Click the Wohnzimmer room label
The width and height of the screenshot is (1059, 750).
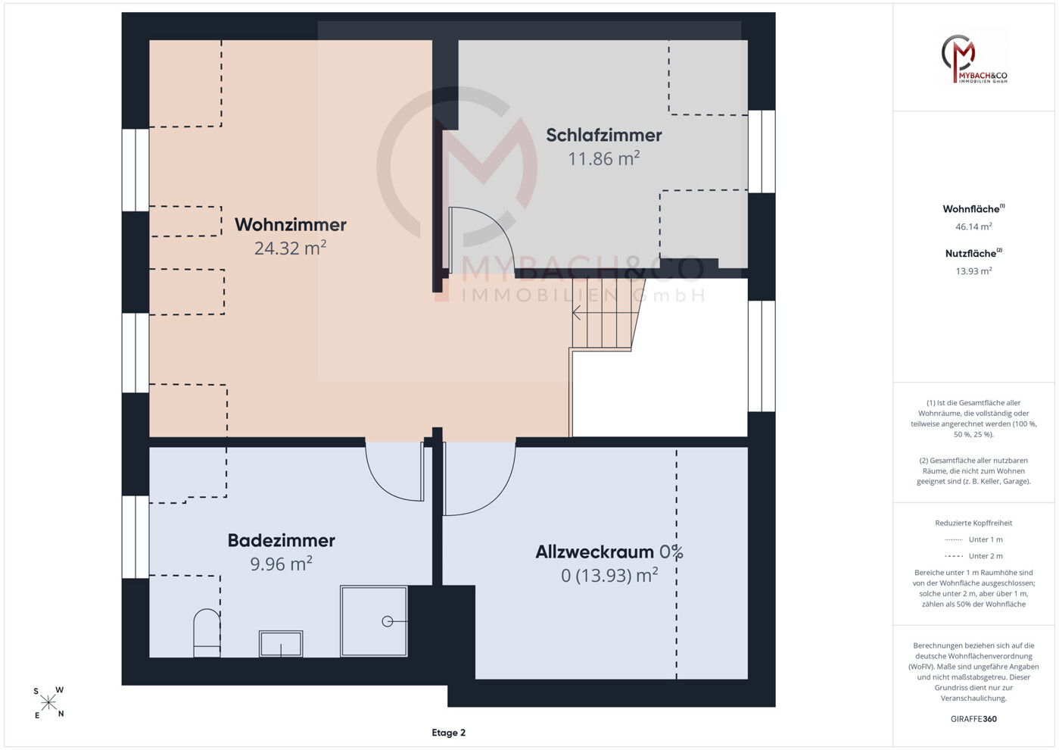coord(290,224)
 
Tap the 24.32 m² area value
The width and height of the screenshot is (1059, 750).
coord(290,248)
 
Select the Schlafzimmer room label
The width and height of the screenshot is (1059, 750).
coord(604,136)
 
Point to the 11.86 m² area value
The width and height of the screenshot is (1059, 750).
coord(604,158)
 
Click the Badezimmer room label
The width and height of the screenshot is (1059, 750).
coord(282,540)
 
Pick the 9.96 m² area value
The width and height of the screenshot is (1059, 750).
coord(282,564)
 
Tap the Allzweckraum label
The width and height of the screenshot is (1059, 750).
coord(595,552)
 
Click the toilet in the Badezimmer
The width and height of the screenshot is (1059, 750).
coord(207,633)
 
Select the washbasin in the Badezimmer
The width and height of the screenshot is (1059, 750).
coord(281,643)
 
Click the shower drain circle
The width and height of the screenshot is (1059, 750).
coord(388,621)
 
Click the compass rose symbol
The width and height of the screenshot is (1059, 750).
coord(48,703)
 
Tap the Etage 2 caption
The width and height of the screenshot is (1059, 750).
coord(449,733)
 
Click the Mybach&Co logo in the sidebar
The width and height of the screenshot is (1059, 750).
coord(973,58)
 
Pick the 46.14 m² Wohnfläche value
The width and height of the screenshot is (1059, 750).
coord(973,227)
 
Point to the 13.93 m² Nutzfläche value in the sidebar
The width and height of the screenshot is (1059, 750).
coord(973,270)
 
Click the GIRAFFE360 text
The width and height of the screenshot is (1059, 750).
coord(973,719)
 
